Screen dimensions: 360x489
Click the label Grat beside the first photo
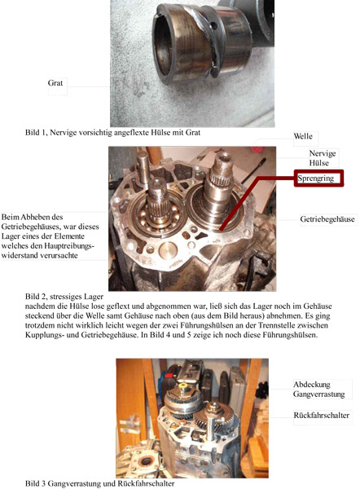pos(55,83)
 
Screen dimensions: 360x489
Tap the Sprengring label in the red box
pos(315,178)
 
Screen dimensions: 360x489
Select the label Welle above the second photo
pos(303,136)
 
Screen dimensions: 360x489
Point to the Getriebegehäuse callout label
pos(327,219)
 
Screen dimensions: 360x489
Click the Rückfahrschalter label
pos(322,416)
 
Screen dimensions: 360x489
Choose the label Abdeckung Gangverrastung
pos(318,390)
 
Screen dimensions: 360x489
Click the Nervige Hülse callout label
pos(323,158)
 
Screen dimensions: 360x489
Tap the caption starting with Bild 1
pos(113,133)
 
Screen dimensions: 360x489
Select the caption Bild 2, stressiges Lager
pos(64,297)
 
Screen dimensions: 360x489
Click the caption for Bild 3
pos(99,483)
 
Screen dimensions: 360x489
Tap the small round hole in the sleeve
pos(214,26)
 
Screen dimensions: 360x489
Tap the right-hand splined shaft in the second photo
pos(220,181)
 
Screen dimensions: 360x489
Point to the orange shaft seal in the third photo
pos(145,461)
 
